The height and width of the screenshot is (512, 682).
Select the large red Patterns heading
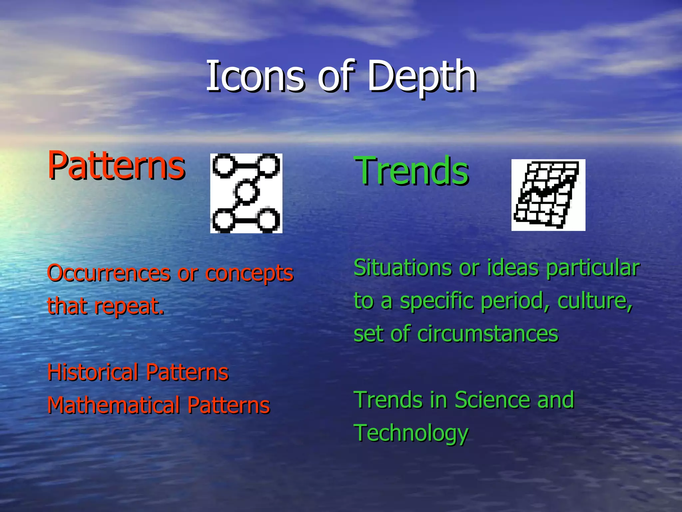[x=116, y=165]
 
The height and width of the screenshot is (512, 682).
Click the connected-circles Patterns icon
[x=246, y=193]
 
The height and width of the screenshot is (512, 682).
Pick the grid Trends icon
[x=548, y=195]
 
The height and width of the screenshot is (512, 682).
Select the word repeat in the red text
[x=129, y=307]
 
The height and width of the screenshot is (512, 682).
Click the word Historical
[x=93, y=372]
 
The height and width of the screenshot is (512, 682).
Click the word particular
[x=592, y=268]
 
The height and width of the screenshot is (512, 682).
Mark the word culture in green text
[x=594, y=301]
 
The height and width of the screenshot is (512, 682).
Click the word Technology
[x=411, y=433]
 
